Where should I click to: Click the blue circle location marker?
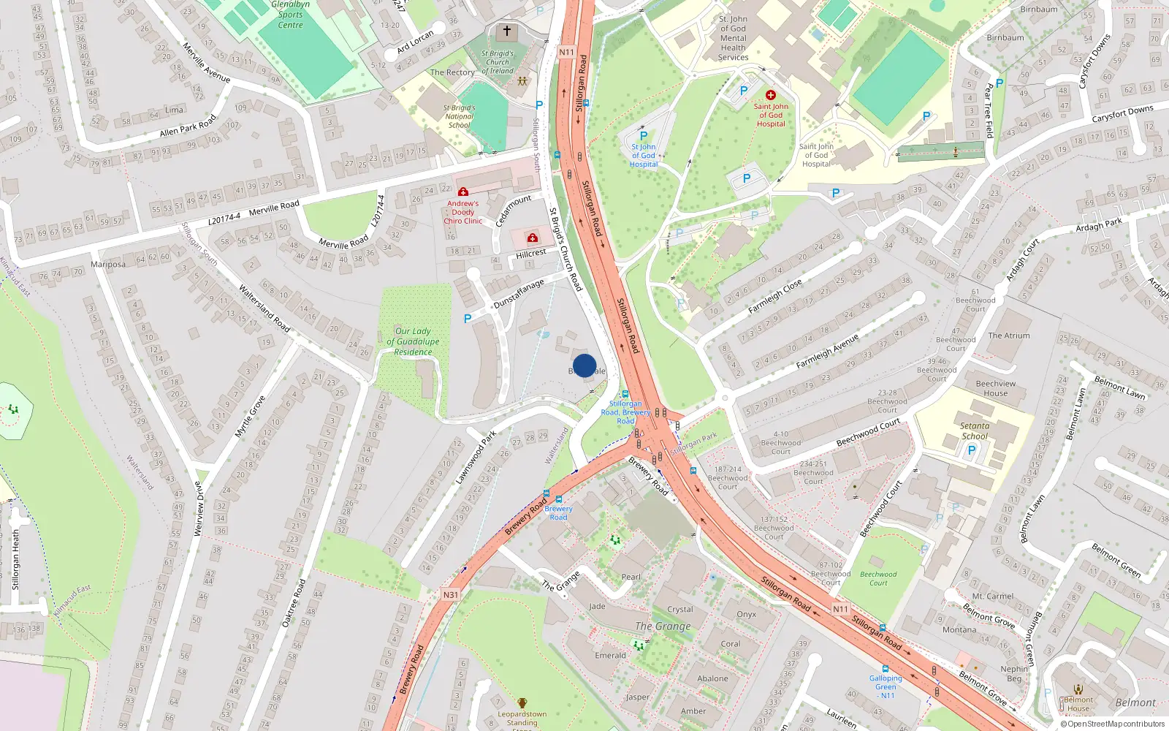point(584,365)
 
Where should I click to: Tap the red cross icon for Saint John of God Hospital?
point(770,95)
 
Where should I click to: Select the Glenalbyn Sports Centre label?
point(290,15)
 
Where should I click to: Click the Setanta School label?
point(975,431)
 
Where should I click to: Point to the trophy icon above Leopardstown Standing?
point(522,703)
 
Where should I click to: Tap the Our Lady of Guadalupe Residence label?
point(413,341)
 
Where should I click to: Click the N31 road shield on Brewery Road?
point(451,595)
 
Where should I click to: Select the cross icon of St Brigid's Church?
point(506,31)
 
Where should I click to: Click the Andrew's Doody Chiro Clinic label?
point(463,212)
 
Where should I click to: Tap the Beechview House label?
point(995,388)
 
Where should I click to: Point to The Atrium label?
point(1009,336)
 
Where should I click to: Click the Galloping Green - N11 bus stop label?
point(886,686)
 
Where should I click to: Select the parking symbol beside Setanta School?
point(972,450)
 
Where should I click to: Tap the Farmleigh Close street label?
point(775,295)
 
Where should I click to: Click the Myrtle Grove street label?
point(250,417)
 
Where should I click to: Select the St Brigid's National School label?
point(459,116)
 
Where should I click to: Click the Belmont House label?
point(1078,704)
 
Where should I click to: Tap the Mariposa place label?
point(108,265)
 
